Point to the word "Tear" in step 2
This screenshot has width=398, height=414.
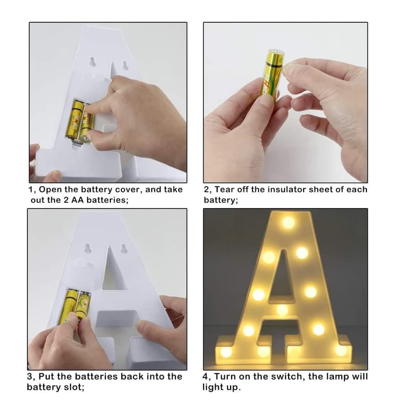tap(224, 189)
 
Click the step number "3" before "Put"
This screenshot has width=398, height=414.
tap(30, 377)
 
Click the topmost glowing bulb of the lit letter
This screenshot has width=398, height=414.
tap(288, 222)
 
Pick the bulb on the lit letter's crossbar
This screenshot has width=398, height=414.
tap(282, 310)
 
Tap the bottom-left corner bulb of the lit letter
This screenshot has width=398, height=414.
tap(225, 351)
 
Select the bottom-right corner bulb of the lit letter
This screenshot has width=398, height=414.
tap(341, 351)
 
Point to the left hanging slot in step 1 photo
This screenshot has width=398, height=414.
tap(92, 62)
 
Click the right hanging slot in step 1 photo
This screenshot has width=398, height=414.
tap(125, 65)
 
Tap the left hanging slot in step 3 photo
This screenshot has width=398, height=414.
tap(88, 249)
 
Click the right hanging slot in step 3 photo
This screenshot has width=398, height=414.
tap(123, 249)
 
